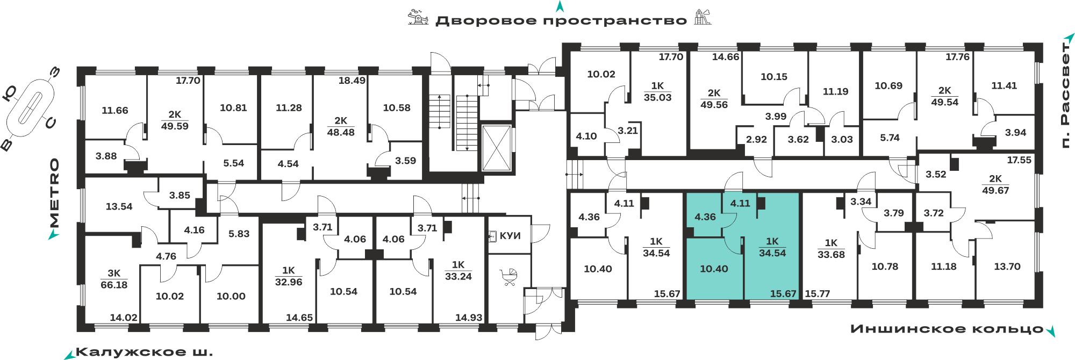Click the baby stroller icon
pos(509,277)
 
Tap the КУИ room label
pos(510,236)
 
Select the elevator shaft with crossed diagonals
pos(496,148)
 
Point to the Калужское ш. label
pos(145,352)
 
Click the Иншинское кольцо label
pos(947,329)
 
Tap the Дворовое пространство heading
pos(561,21)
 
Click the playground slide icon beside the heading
pos(702,17)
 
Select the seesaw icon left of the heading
pos(418,17)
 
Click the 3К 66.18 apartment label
pos(114,279)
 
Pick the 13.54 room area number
pos(119,206)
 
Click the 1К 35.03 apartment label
pos(657,91)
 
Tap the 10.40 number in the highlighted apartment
pos(714,269)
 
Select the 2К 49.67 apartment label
pos(995,184)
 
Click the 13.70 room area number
pos(1007,267)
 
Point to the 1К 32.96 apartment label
pos(289,276)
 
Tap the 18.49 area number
pos(352,81)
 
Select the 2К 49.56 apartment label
pos(714,99)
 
